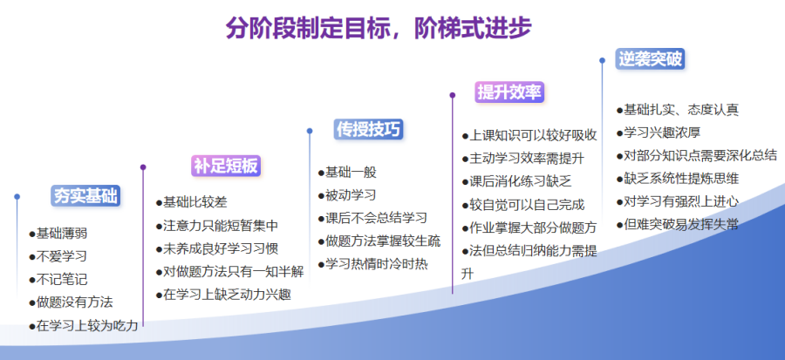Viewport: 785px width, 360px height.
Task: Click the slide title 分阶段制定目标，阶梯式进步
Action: pos(378,28)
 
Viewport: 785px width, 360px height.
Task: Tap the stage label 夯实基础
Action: pos(85,196)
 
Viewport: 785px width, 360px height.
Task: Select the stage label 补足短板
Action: pos(226,166)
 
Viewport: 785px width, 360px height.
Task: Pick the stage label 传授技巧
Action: pos(369,129)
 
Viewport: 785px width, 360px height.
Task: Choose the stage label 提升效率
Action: pos(509,92)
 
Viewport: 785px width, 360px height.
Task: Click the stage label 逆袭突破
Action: pos(650,59)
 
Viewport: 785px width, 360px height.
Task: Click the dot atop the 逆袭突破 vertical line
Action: pos(602,60)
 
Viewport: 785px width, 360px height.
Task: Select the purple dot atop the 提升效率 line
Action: pos(453,95)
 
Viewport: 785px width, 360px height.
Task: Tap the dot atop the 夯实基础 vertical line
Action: pos(17,196)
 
